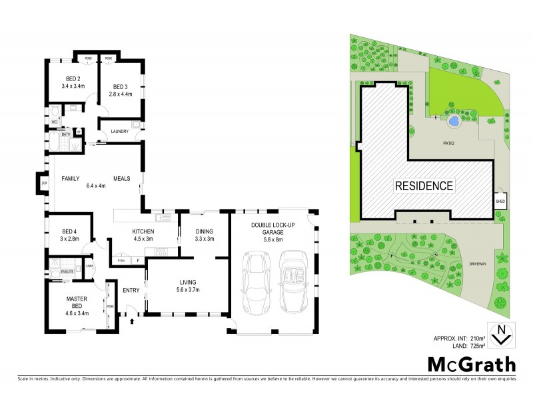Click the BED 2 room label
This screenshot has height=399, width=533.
click(x=71, y=79)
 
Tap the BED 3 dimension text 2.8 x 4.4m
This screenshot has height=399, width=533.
click(x=120, y=94)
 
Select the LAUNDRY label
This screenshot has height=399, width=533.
click(x=120, y=131)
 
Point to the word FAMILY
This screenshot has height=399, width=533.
click(x=71, y=179)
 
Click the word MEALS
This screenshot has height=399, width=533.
click(x=121, y=179)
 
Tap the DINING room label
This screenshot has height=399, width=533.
click(x=205, y=231)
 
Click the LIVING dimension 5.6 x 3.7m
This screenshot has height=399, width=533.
click(x=187, y=289)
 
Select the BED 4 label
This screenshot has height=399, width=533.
click(x=70, y=231)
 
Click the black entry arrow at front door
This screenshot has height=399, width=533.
click(x=132, y=321)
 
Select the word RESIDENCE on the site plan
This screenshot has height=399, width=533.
click(x=426, y=186)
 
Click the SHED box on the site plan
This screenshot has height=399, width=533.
click(x=500, y=200)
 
